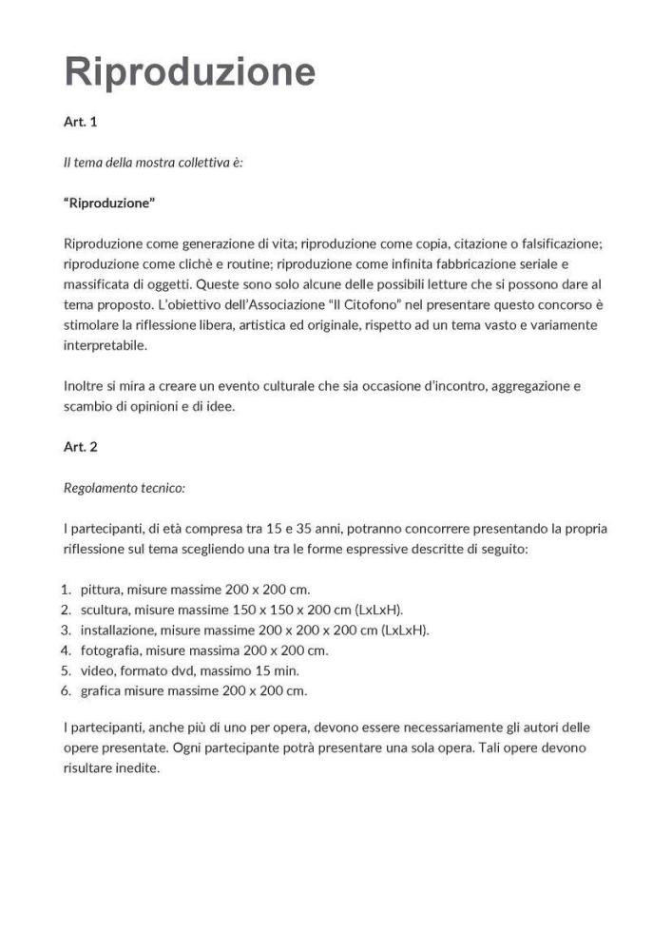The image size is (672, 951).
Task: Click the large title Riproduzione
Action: pos(189,71)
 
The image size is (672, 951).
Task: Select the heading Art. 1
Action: pos(80,123)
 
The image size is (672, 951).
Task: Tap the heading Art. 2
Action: pos(80,446)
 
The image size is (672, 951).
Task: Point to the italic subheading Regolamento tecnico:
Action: pos(124,487)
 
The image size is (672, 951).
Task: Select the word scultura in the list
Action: pos(106,610)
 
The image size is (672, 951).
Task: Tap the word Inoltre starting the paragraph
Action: pos(85,386)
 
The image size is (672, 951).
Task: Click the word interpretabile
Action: pos(106,345)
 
